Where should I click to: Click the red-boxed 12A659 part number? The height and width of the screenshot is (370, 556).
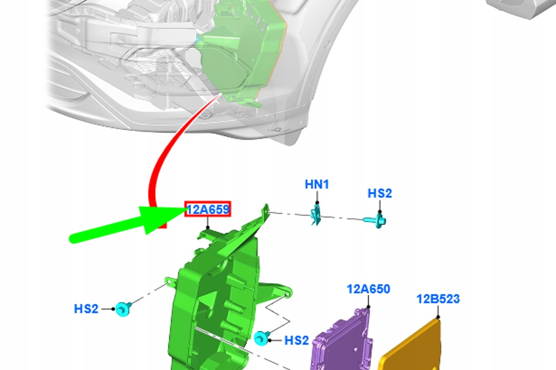[208, 209]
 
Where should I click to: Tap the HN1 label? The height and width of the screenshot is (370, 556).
[317, 184]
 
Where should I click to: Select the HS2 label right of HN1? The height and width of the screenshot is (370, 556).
[380, 193]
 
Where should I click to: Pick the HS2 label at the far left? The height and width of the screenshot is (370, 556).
[86, 309]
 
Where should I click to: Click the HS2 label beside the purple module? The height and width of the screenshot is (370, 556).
[297, 340]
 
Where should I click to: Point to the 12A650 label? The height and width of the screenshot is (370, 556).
[369, 289]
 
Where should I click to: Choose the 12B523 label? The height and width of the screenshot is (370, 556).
[438, 299]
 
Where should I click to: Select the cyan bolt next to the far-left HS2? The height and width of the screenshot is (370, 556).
[123, 309]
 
